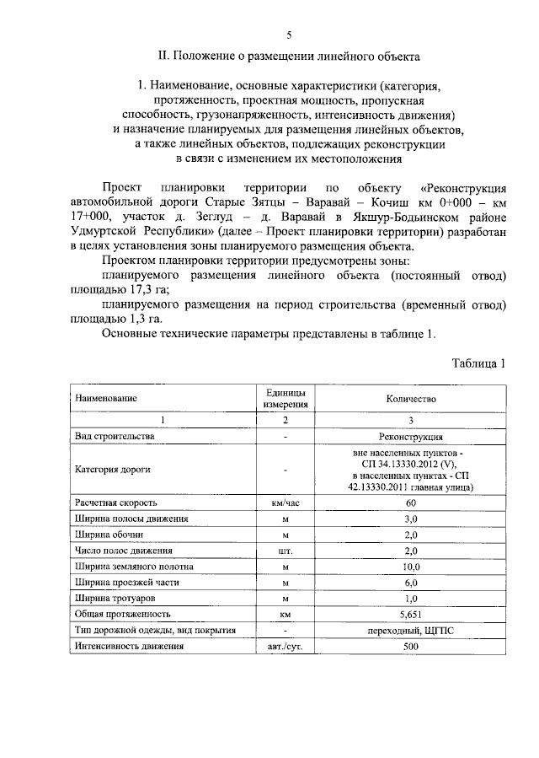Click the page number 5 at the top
coord(289,35)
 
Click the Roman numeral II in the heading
coord(164,57)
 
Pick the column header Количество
coord(411,397)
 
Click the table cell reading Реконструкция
coord(411,437)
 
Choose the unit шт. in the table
coord(286,550)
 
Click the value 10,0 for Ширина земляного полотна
coord(411,566)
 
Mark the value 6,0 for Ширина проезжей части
coord(411,582)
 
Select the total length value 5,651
coord(411,614)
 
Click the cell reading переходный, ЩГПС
coord(411,630)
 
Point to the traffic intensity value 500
coord(411,646)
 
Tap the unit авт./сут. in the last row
coord(286,646)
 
